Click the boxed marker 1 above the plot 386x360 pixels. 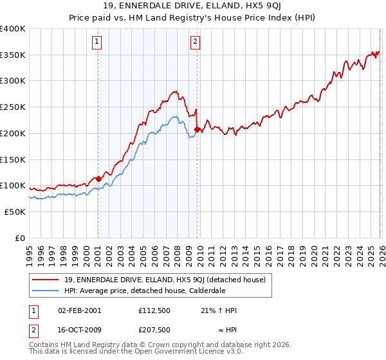pos(97,42)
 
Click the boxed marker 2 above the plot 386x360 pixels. pos(195,42)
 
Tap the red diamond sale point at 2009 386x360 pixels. pos(197,129)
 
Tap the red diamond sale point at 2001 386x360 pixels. pos(98,179)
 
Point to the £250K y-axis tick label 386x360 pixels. pos(12,107)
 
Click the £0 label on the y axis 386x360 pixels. pos(20,238)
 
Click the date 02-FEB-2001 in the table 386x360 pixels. pos(79,310)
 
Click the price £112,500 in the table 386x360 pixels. pos(154,310)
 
